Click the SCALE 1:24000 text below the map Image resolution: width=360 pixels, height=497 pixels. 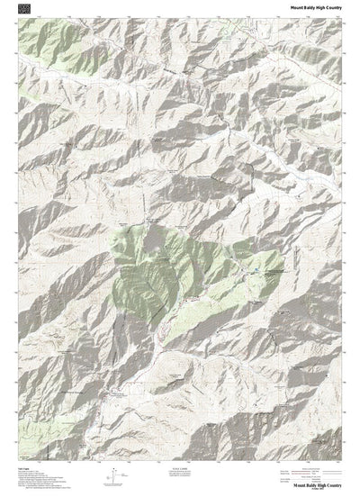point(181,468)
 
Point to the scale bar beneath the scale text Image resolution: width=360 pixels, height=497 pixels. point(181,474)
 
